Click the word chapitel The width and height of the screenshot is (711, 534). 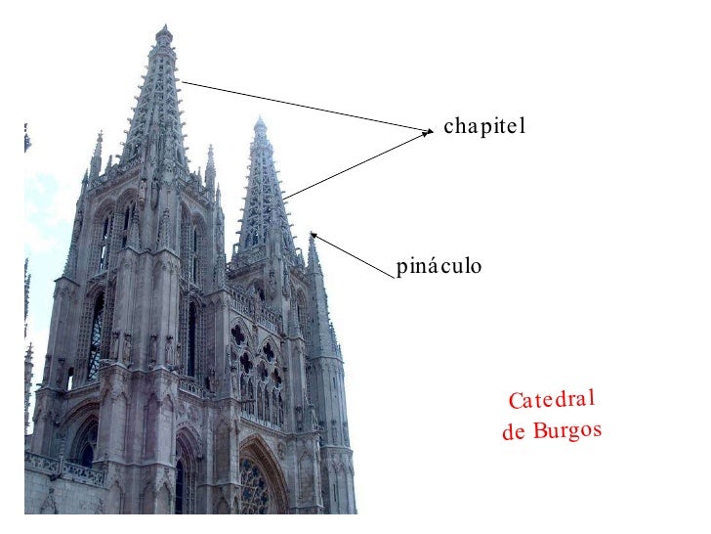tap(484, 126)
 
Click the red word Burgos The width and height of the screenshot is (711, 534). tap(567, 430)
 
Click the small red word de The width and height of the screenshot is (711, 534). tap(513, 433)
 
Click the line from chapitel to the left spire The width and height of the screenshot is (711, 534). tap(303, 105)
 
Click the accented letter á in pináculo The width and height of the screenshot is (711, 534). tap(431, 265)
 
